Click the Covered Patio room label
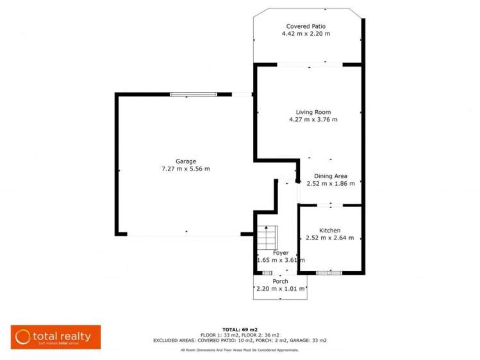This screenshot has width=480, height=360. (x=306, y=26)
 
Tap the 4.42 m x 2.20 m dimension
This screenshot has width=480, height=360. (x=306, y=33)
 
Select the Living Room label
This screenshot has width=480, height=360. (x=313, y=112)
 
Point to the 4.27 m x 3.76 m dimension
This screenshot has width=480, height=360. (x=313, y=120)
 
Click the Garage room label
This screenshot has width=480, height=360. (x=186, y=161)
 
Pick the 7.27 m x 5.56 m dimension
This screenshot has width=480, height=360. (x=186, y=168)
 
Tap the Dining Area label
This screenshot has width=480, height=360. (x=331, y=176)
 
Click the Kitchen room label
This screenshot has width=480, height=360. (x=330, y=231)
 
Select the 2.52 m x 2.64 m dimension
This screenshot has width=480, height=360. (x=330, y=238)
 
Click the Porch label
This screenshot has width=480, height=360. (x=280, y=281)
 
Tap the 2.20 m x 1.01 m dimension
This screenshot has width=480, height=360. (x=280, y=289)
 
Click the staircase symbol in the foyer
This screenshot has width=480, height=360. (x=266, y=239)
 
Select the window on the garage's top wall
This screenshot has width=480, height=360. (x=194, y=95)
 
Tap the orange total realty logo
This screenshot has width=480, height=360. (x=55, y=337)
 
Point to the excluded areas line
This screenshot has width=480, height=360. (x=240, y=341)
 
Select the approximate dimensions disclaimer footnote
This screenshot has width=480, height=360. (x=240, y=350)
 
